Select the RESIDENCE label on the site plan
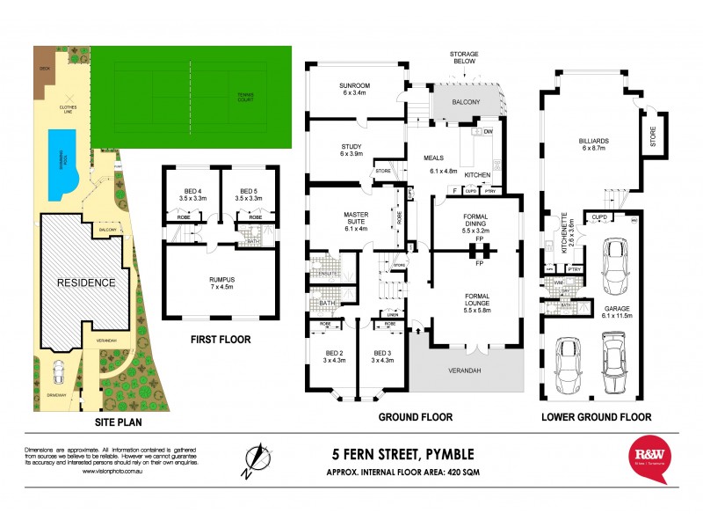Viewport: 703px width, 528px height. (87, 282)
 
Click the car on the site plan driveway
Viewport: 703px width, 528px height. (57, 374)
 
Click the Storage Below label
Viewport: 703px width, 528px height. (465, 57)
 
